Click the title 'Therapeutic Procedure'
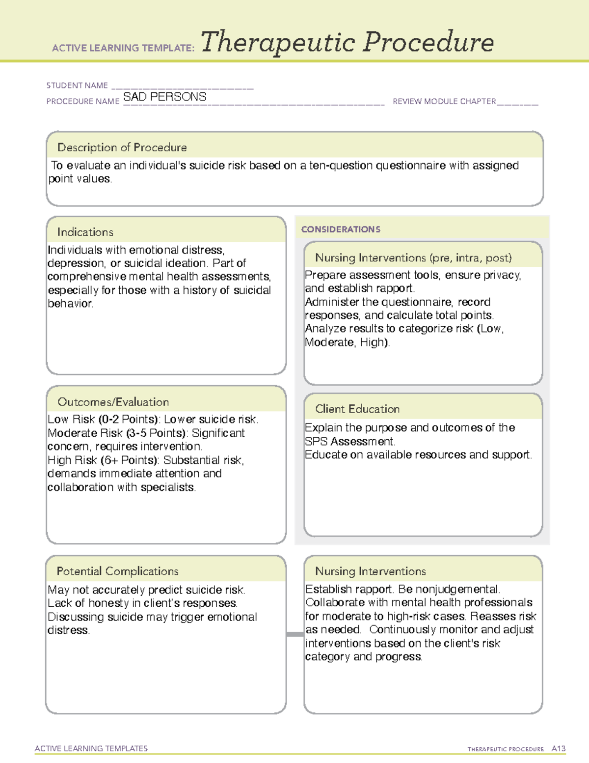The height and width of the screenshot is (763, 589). click(x=347, y=42)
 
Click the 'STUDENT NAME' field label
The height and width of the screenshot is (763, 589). click(x=77, y=85)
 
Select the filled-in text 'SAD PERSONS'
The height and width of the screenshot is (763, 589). click(x=165, y=97)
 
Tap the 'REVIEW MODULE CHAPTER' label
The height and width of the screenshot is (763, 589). click(x=444, y=101)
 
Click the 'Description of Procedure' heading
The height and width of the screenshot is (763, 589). click(x=122, y=147)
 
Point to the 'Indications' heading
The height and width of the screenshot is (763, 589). click(x=85, y=232)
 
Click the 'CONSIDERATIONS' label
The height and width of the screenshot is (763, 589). click(x=341, y=229)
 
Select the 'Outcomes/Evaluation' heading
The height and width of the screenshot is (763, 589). click(x=113, y=402)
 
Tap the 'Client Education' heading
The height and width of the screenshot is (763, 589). click(x=357, y=409)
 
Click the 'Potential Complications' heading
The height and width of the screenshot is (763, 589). click(x=118, y=571)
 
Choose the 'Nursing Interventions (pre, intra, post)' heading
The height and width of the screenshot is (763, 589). click(x=413, y=258)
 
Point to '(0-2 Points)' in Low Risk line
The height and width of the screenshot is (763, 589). click(x=129, y=420)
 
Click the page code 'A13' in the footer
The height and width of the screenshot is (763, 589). click(x=558, y=749)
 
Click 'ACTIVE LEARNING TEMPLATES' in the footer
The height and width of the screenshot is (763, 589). click(x=91, y=748)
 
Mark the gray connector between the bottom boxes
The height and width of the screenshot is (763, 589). click(x=295, y=634)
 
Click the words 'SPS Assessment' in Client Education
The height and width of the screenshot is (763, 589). click(x=349, y=441)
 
